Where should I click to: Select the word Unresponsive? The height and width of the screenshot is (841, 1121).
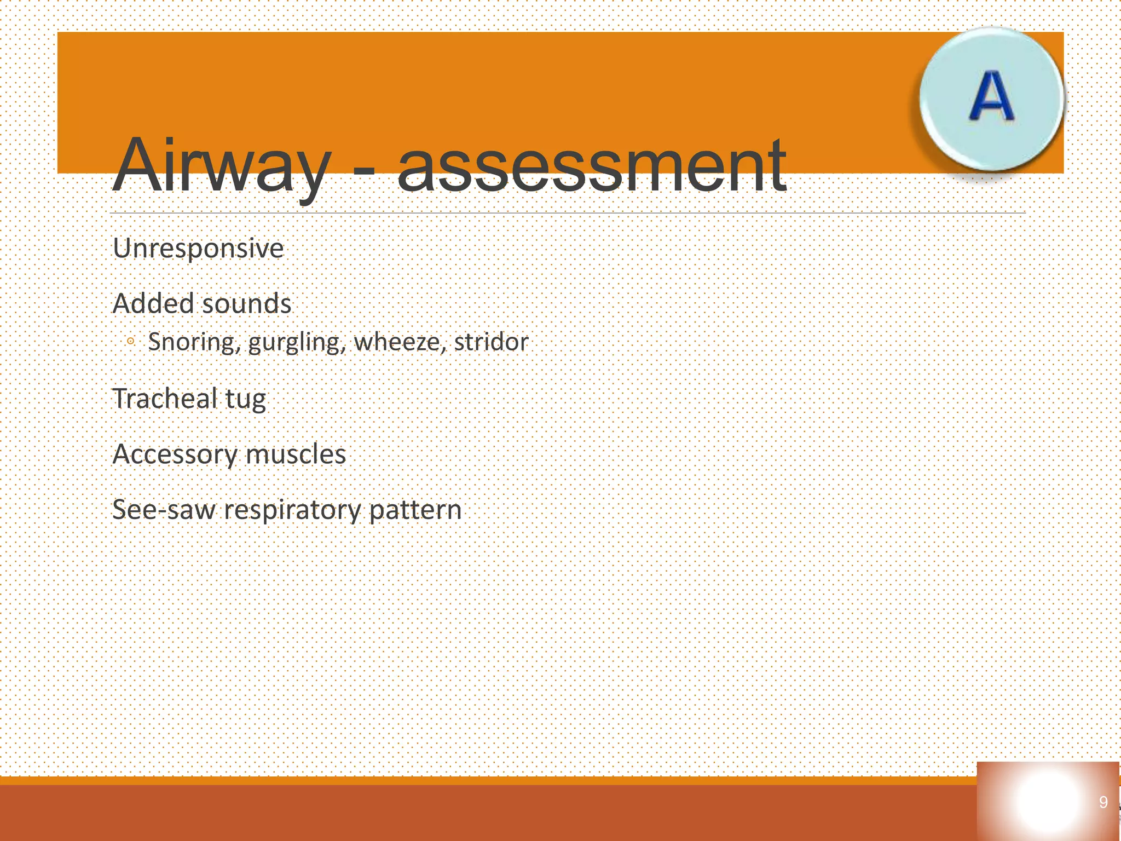[x=198, y=248]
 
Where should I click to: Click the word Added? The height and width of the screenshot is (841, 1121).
[x=152, y=303]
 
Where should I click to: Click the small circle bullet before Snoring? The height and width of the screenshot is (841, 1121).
[x=130, y=342]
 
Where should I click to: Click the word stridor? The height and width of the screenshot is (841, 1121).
[x=491, y=342]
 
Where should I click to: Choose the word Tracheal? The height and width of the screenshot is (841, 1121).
[x=164, y=398]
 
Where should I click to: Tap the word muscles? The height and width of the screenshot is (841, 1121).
[x=296, y=454]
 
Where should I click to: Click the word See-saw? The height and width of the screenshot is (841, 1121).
[x=164, y=509]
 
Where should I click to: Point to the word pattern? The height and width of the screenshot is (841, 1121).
[x=415, y=510]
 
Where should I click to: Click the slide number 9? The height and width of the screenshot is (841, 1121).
[x=1103, y=802]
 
